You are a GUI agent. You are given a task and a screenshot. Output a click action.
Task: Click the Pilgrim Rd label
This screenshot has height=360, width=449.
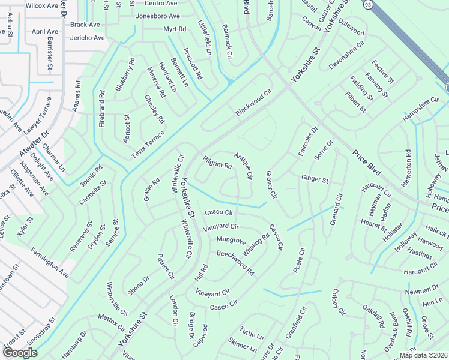click(x=217, y=163)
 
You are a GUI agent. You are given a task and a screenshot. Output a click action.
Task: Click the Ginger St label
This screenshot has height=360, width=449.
click(x=315, y=179)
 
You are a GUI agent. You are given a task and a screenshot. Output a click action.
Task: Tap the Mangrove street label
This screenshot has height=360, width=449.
click(x=231, y=241)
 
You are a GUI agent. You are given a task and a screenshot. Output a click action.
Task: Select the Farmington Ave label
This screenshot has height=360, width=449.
click(x=50, y=264)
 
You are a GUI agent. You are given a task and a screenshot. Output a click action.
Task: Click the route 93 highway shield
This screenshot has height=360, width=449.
click(x=367, y=4)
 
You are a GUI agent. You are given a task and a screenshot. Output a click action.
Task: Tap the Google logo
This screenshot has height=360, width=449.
click(x=20, y=353)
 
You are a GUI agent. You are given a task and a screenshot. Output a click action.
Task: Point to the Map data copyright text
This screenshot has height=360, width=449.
click(x=424, y=355)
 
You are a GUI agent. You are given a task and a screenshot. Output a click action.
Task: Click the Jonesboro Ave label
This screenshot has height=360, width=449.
click(x=158, y=16)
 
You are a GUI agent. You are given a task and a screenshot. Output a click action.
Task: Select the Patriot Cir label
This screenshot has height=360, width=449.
click(x=166, y=266)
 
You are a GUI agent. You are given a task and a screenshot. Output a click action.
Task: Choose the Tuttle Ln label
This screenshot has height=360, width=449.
click(x=252, y=333)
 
